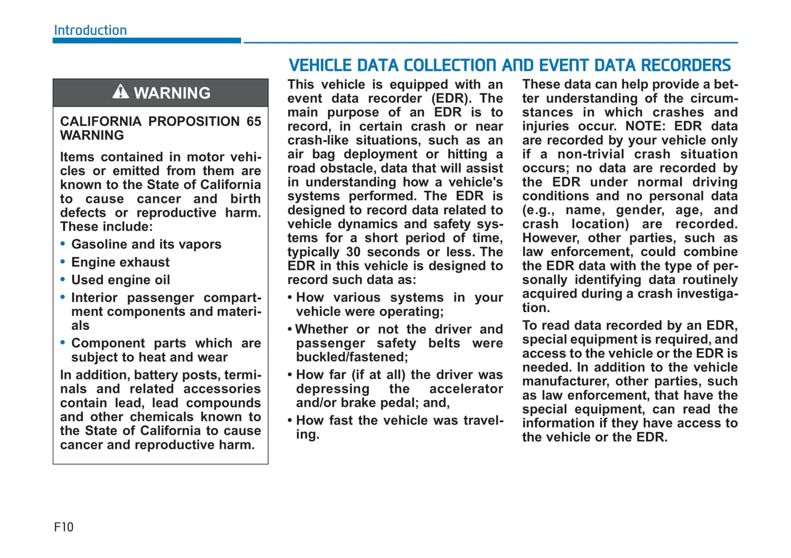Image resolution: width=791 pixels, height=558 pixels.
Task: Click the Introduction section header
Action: coord(90,30)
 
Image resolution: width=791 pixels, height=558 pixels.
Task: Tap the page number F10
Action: coord(63,527)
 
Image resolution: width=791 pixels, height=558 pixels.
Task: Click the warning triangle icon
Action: coord(120,91)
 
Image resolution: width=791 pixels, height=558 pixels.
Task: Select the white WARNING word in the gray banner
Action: coord(172,93)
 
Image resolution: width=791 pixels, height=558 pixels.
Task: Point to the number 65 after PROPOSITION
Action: coord(253,121)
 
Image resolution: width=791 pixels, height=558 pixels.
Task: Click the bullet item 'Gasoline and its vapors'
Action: coord(146,244)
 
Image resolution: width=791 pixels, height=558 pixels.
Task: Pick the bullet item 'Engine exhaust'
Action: coord(120,262)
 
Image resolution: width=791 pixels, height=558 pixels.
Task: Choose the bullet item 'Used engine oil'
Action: coord(120,280)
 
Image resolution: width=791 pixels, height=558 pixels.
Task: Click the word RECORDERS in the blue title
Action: coord(686,66)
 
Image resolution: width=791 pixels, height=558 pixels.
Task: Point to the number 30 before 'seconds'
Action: coord(353,252)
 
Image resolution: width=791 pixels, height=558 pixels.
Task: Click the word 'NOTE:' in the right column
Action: coord(646,126)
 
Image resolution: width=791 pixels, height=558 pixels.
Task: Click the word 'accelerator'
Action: coord(466,389)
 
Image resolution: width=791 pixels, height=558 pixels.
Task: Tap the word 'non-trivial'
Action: coord(591,154)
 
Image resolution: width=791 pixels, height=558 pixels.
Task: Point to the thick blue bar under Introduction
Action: coord(147,41)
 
